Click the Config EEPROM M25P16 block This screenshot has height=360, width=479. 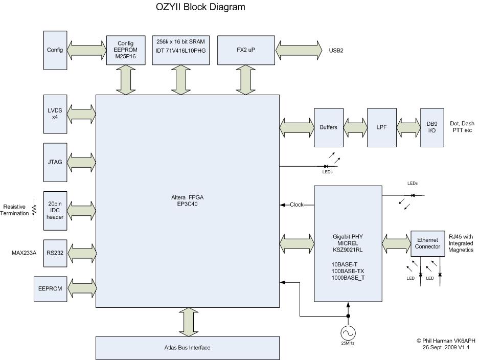pyautogui.click(x=126, y=50)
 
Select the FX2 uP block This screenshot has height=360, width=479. pyautogui.click(x=246, y=50)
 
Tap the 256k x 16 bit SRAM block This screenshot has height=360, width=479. pyautogui.click(x=181, y=50)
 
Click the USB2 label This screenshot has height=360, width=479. pyautogui.click(x=336, y=51)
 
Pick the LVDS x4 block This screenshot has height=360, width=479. pyautogui.click(x=55, y=114)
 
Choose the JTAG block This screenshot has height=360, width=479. pyautogui.click(x=55, y=162)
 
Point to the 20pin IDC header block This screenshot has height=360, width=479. pyautogui.click(x=55, y=211)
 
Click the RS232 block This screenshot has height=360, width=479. pyautogui.click(x=55, y=253)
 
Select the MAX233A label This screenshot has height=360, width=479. pyautogui.click(x=24, y=253)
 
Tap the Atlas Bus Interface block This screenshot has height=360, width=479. pyautogui.click(x=188, y=348)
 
